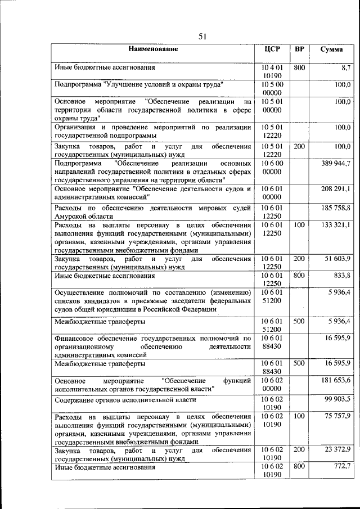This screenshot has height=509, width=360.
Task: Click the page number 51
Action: point(204,37)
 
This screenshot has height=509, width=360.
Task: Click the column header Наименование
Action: point(152,49)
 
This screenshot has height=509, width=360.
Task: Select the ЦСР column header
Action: point(272,49)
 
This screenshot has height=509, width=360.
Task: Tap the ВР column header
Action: point(300,49)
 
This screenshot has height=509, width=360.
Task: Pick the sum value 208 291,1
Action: point(336,188)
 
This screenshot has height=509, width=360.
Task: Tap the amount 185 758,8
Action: point(336,209)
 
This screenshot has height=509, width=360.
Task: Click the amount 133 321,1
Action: point(336,225)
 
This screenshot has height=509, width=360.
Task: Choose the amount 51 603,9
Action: point(337,259)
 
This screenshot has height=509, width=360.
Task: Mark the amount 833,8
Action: point(341,276)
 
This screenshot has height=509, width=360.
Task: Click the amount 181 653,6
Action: point(336,381)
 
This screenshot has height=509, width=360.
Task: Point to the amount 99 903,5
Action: point(337,399)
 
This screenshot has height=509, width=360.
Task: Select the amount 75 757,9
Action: point(337,416)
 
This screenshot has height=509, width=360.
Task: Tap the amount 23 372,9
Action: point(337,449)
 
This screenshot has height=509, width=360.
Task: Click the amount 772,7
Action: point(341,466)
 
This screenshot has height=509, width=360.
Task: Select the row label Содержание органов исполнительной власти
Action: point(125,400)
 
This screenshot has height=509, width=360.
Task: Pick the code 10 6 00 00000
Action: point(272,167)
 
